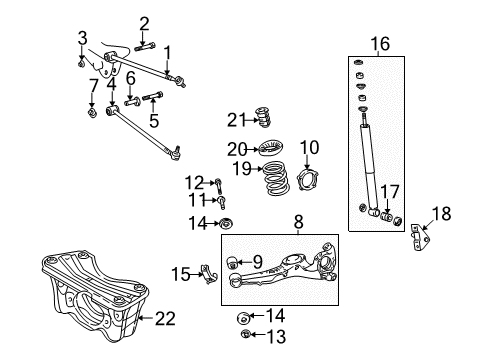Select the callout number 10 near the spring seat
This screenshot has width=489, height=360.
click(310, 148)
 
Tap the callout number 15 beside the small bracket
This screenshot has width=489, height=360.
click(180, 273)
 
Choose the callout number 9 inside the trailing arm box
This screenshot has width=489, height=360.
click(257, 262)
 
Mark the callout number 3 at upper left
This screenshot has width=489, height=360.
click(82, 38)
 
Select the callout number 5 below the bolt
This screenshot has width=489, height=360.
click(153, 119)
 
